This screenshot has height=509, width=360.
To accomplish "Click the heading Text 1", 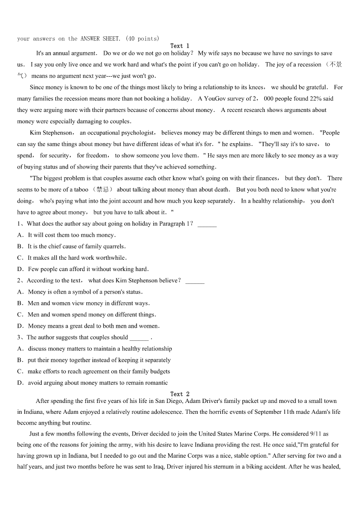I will (x=180, y=46).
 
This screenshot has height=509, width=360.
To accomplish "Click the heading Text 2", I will (x=180, y=394).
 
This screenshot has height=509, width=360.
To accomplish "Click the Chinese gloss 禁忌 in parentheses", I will (x=104, y=189).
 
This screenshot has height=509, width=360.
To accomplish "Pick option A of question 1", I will (x=66, y=235).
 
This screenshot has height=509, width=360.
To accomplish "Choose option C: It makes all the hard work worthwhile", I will (x=72, y=258).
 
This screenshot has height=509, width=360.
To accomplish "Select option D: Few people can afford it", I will (x=83, y=269).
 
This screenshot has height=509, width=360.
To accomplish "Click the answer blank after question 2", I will (x=195, y=281).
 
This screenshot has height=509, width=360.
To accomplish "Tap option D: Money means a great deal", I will (x=88, y=326).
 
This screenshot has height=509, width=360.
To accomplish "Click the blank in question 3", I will (x=139, y=338).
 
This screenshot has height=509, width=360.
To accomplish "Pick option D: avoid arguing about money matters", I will (x=92, y=383).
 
